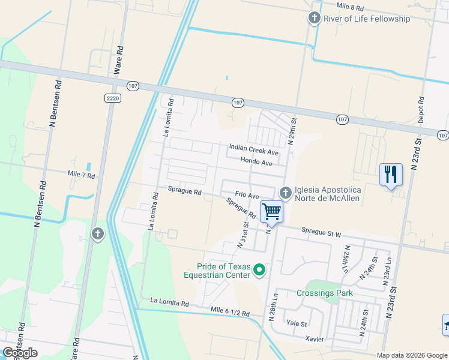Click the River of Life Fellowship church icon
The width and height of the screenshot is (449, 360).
[x=314, y=19]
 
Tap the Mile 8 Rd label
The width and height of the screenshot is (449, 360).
[x=351, y=6]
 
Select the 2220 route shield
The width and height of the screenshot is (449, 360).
[x=112, y=98]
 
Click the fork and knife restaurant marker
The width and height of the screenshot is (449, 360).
[x=391, y=175]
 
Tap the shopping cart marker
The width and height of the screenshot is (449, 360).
[x=271, y=212]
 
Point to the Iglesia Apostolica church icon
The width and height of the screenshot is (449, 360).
[x=285, y=192]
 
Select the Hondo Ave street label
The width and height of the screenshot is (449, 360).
[x=256, y=162]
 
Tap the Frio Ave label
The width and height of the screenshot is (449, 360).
[x=247, y=196]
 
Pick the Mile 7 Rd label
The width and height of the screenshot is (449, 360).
[x=82, y=175]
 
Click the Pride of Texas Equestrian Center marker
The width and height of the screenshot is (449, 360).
[x=259, y=270]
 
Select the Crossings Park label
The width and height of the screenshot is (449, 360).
[x=324, y=293]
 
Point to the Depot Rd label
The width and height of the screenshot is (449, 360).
[x=421, y=110]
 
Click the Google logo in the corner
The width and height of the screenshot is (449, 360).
[x=20, y=353]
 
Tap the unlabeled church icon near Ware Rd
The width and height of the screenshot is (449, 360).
[x=98, y=233]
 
